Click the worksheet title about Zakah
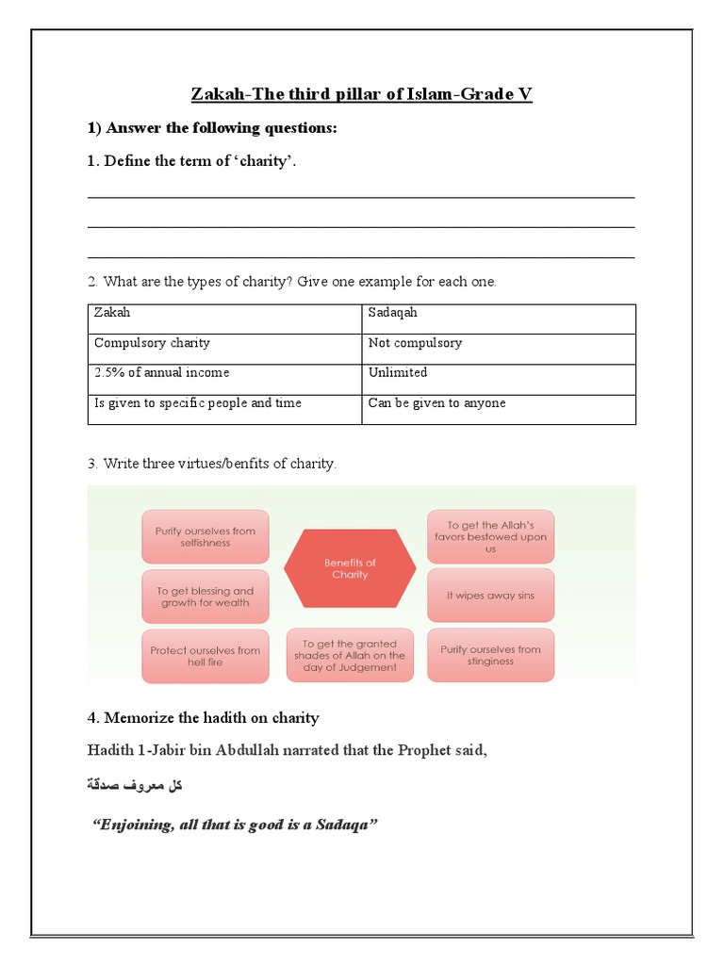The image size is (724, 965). [x=362, y=94]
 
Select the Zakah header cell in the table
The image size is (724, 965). [x=224, y=319]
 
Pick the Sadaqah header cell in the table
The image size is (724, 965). [x=499, y=319]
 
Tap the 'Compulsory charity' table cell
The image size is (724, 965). [x=224, y=349]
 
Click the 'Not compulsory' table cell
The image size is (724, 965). [x=499, y=349]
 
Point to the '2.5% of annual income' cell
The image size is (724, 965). [x=224, y=379]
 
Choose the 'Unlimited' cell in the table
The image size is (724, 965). [x=499, y=379]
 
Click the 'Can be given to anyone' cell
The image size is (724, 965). [x=499, y=409]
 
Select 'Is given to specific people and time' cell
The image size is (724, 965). [x=224, y=409]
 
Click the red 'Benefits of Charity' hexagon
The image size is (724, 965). [x=350, y=568]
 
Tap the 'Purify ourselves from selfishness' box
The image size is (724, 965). [x=206, y=537]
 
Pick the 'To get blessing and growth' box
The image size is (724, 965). [x=206, y=597]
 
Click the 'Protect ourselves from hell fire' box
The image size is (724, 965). [x=206, y=656]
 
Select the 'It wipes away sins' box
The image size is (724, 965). [x=490, y=596]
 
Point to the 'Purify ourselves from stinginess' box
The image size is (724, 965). [x=490, y=655]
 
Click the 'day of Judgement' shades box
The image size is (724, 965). [x=350, y=655]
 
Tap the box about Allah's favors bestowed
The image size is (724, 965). [x=490, y=537]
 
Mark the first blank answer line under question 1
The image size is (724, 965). [x=361, y=197]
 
